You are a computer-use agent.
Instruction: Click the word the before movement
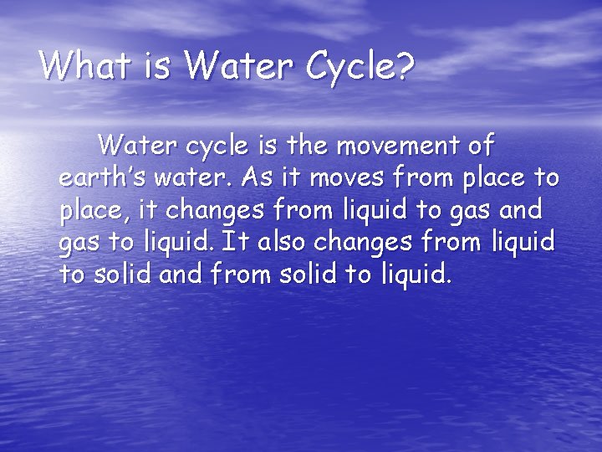click(301, 146)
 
